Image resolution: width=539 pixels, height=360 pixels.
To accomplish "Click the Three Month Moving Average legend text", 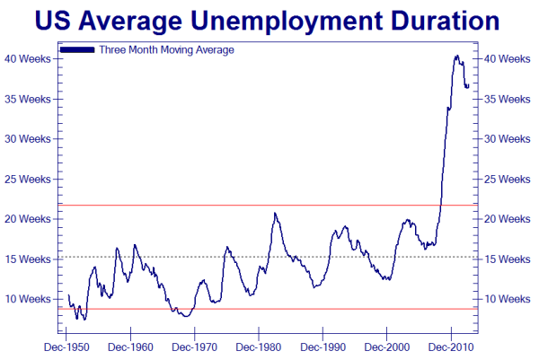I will coord(167,50).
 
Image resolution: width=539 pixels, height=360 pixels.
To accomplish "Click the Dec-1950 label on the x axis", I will coord(67,346).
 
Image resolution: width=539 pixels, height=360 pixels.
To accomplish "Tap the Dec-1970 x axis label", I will coord(195,346).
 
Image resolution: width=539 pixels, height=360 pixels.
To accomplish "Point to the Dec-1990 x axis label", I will coord(323,346).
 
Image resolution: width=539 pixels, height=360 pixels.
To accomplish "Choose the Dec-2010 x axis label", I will coord(450,346).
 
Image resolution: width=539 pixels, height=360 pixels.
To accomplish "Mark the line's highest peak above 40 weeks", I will coord(456,56).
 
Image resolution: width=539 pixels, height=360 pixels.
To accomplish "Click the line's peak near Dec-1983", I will coord(275,213).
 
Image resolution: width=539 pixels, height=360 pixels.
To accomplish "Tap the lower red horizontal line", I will coord(269,309).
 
